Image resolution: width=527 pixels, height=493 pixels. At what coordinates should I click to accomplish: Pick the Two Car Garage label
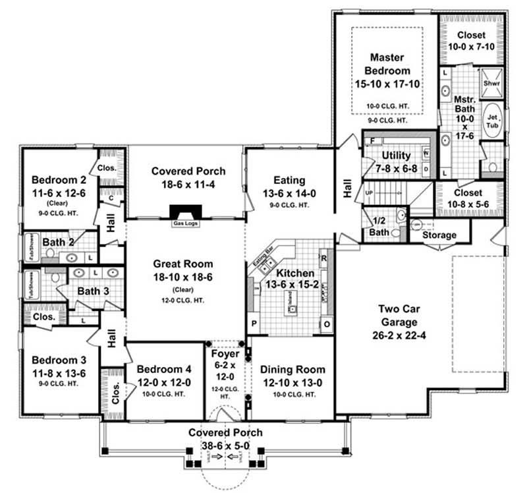[x=397, y=315]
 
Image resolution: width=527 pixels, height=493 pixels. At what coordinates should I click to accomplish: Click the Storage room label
[x=439, y=235]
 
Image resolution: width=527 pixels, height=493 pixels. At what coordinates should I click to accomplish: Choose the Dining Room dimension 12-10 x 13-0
[x=292, y=382]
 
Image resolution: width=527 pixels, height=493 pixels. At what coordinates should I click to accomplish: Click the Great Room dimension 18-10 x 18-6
[x=186, y=277]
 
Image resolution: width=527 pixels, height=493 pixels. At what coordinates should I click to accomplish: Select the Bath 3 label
[x=92, y=290]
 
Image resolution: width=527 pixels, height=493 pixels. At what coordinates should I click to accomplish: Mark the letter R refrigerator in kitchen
[x=324, y=258]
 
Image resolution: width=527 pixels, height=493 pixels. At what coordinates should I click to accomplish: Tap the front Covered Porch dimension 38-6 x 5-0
[x=225, y=446]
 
